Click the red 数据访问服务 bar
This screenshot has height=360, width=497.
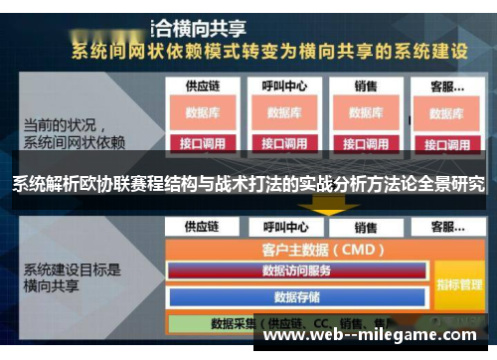[x=297, y=270]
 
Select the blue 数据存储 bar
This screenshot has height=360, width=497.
[x=297, y=295]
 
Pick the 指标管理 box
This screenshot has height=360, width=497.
[x=458, y=284]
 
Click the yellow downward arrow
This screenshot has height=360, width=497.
[x=323, y=206]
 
